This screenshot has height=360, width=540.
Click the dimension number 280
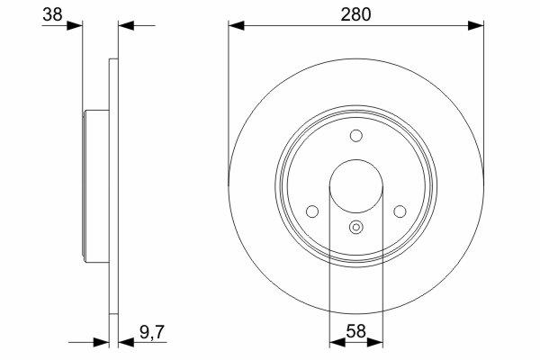[x=355, y=14]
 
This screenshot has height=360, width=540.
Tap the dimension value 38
[x=52, y=14]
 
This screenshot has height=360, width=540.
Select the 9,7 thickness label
[x=153, y=333]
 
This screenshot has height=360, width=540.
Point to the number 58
[x=355, y=331]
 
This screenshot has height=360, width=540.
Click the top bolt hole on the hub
[x=356, y=136]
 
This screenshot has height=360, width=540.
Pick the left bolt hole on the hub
[x=312, y=211]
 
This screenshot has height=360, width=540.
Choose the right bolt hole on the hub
[x=400, y=211]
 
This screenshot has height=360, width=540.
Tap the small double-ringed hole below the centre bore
[x=356, y=228]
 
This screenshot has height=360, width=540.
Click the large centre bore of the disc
[x=356, y=186]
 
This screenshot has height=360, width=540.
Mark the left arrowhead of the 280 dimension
[x=236, y=25]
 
